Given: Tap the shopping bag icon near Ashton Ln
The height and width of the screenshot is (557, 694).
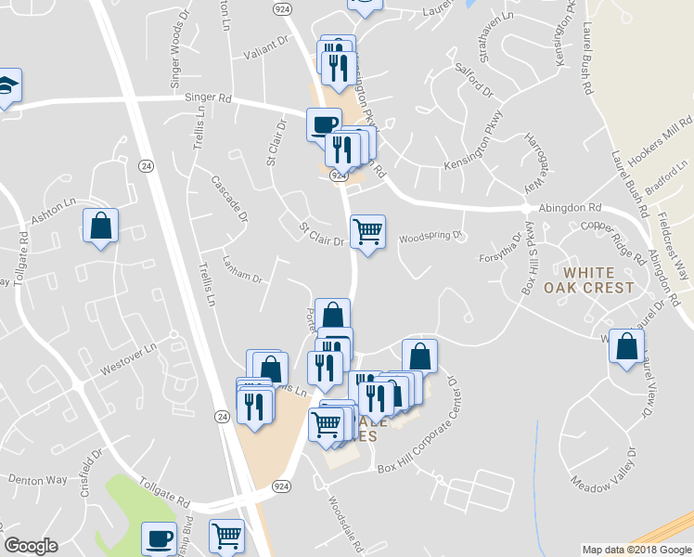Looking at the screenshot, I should tap(100, 227).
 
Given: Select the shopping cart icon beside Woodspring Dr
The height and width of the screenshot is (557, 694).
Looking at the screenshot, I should tap(368, 231).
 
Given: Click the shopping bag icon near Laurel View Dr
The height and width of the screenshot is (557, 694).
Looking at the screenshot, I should tap(626, 346).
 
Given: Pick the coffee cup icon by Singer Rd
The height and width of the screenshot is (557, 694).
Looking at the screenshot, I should tap(324, 124).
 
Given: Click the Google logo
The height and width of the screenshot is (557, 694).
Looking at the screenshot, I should tap(32, 546).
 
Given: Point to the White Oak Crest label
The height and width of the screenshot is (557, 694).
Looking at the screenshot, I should tap(599, 280).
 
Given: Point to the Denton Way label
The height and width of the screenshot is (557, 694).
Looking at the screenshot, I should tap(38, 480).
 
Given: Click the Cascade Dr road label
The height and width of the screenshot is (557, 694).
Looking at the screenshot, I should tap(231, 198).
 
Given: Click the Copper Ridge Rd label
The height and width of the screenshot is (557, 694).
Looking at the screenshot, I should tap(612, 239).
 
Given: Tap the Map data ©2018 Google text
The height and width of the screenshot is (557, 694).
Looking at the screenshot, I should tap(636, 550).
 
